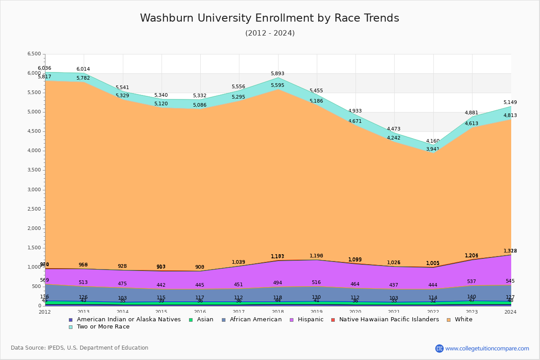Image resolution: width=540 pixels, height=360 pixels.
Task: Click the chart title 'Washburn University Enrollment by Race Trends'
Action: click(x=270, y=18)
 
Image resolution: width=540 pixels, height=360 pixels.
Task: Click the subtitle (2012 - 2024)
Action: click(x=270, y=33)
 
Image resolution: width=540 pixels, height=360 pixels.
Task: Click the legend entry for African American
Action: click(x=255, y=319)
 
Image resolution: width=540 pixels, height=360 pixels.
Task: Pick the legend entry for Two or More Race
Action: click(x=103, y=327)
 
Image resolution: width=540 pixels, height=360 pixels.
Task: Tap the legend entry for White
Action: click(x=463, y=319)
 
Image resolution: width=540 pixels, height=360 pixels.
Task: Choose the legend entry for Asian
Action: click(x=205, y=319)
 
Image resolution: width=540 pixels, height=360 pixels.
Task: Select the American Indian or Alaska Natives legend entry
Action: click(x=129, y=319)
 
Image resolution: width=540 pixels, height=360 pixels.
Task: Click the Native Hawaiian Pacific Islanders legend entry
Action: click(x=389, y=319)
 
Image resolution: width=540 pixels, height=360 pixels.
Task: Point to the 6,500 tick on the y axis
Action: click(x=34, y=54)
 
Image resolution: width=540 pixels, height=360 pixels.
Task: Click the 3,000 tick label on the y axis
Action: click(x=34, y=190)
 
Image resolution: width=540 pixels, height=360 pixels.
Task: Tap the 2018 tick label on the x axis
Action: click(x=278, y=312)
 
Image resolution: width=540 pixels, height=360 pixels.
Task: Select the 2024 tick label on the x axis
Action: click(x=510, y=312)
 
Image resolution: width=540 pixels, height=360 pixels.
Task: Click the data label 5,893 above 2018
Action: click(x=278, y=74)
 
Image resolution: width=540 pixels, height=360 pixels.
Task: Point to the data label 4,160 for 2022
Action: click(x=433, y=141)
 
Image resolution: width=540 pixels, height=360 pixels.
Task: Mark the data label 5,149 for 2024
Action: click(x=510, y=103)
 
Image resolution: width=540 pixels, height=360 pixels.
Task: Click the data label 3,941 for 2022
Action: click(x=433, y=149)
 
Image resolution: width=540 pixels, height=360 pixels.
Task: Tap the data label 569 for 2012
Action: click(x=45, y=280)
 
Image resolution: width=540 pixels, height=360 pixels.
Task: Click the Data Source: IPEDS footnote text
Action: click(x=80, y=348)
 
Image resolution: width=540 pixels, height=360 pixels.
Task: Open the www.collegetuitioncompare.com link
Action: click(x=487, y=348)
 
